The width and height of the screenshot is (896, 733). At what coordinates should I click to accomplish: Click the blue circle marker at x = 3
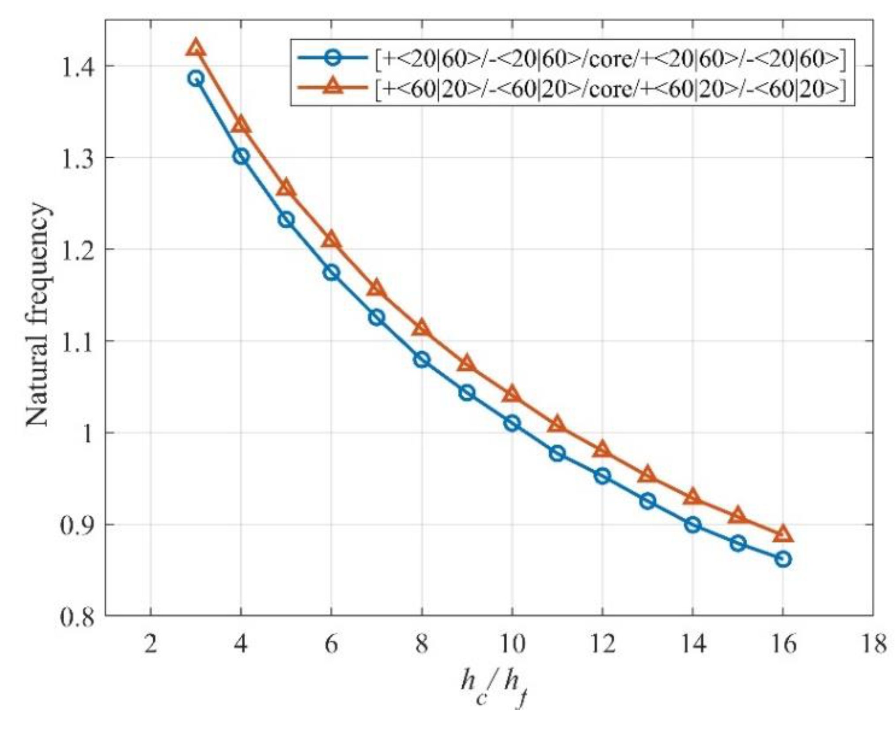[x=196, y=79]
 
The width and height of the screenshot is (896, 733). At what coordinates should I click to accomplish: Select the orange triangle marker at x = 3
[x=196, y=48]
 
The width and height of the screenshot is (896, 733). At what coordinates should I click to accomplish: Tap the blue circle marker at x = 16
[x=783, y=559]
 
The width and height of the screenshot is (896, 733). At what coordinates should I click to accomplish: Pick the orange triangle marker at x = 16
[x=783, y=535]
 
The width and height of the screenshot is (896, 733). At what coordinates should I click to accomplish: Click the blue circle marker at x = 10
[x=512, y=424]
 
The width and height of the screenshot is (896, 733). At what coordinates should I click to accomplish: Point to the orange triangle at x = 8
[x=421, y=328]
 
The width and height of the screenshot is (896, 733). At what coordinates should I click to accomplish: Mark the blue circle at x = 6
[x=331, y=273]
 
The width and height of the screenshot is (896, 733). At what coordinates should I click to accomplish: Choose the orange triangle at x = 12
[x=602, y=450]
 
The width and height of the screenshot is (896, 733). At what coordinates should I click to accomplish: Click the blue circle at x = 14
[x=692, y=525]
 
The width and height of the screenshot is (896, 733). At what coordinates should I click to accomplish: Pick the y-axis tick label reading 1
[x=87, y=433]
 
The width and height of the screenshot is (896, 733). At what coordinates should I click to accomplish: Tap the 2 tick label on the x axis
[x=151, y=644]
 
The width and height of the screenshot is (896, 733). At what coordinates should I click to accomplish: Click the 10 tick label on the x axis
[x=512, y=644]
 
